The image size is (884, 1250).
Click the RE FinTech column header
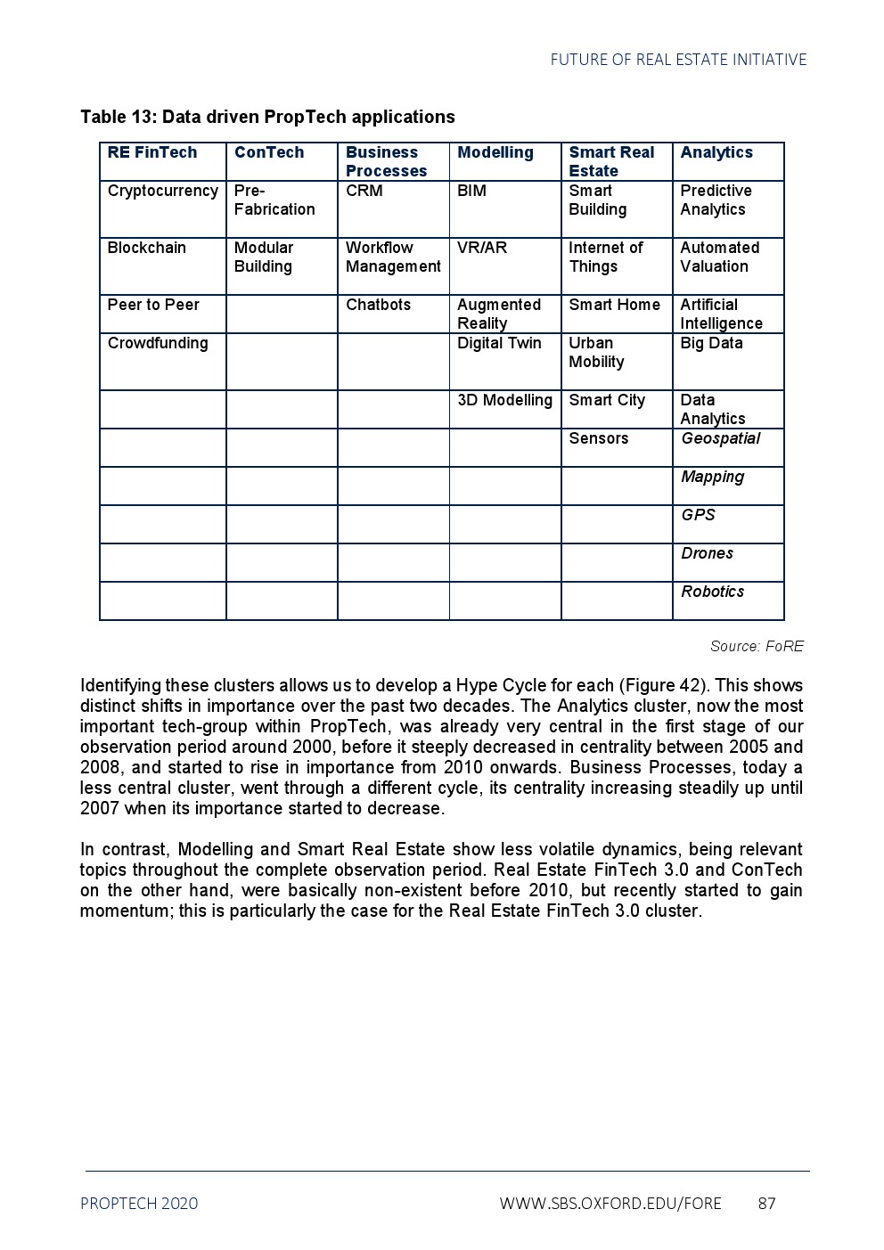click(x=152, y=153)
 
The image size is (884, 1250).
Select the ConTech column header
click(x=269, y=153)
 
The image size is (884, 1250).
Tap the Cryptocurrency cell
click(x=162, y=192)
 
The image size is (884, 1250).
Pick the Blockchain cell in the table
click(x=147, y=249)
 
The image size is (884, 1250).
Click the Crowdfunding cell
click(x=158, y=344)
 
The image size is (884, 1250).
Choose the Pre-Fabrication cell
click(x=274, y=200)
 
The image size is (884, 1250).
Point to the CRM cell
click(x=364, y=192)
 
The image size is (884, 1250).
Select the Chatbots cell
click(x=379, y=306)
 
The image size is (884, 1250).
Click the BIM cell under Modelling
click(x=472, y=192)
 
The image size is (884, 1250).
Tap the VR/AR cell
click(x=482, y=249)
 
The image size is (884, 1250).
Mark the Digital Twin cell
click(x=499, y=344)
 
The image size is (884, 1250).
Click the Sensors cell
click(x=599, y=439)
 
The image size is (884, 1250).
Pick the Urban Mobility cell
click(x=597, y=353)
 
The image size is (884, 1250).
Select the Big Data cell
click(x=711, y=344)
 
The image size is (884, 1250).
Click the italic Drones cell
click(x=707, y=554)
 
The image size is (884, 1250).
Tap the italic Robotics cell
click(x=712, y=592)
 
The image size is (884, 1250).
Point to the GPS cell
click(x=698, y=516)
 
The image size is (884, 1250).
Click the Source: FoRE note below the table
click(x=757, y=647)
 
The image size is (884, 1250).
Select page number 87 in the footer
click(x=766, y=1204)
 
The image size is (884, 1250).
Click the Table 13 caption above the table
click(x=267, y=118)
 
